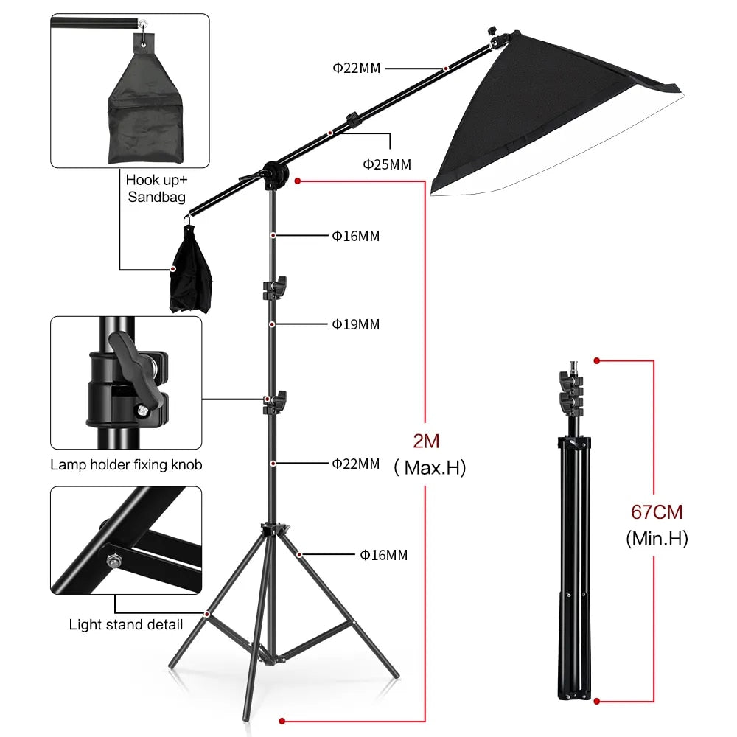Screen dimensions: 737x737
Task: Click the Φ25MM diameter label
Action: point(386,164)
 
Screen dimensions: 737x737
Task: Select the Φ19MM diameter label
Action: point(356,324)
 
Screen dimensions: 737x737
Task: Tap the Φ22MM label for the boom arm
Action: point(356,69)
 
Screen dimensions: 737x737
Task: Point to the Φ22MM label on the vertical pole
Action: point(356,464)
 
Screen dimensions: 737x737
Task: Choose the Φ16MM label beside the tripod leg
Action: point(383,555)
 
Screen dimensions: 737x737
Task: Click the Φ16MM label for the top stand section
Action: point(356,236)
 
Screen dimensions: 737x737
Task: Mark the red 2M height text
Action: point(426,441)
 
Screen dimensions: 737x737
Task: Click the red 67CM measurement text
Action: point(657,511)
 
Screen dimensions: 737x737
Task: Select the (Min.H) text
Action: point(657,539)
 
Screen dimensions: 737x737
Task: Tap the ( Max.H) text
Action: point(430,467)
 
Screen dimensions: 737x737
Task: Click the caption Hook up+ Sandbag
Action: point(156,188)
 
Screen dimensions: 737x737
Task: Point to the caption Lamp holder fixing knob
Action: point(126,465)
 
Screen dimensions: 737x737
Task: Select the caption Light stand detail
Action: point(126,624)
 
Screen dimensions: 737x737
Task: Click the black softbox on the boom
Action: point(531,118)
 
